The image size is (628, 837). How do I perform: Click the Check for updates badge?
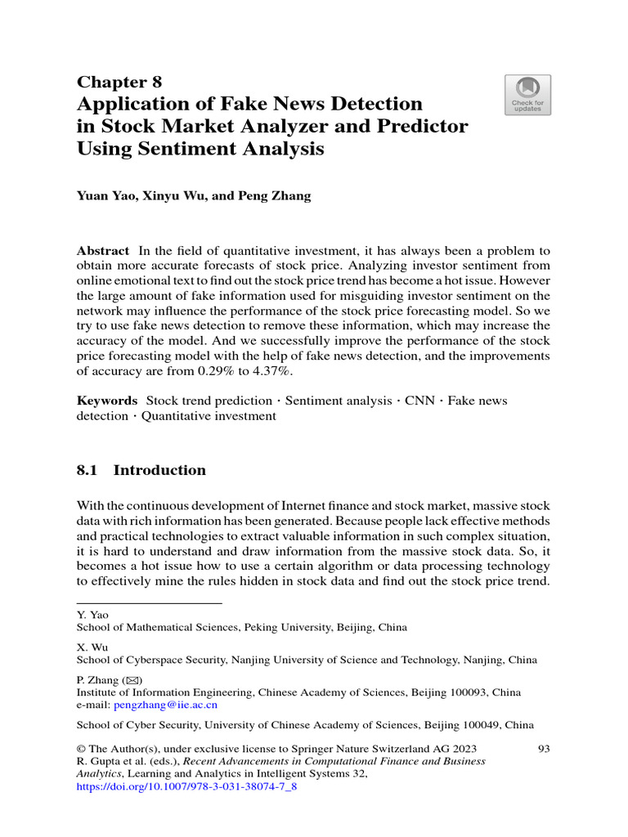[x=527, y=95]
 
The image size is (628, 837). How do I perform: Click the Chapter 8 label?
[x=119, y=82]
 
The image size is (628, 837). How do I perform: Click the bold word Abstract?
[x=103, y=251]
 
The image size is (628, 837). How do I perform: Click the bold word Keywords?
[x=107, y=401]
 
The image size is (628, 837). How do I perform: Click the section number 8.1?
[x=87, y=470]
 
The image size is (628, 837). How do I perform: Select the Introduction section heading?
[x=159, y=470]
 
